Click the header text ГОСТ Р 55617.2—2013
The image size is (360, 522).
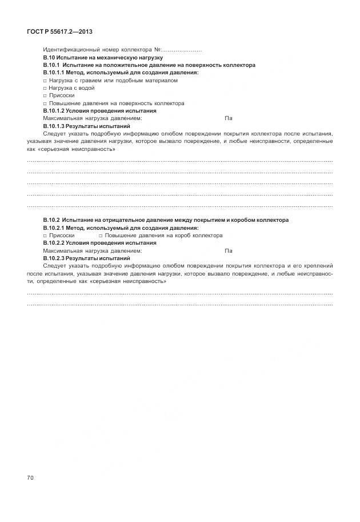pyautogui.click(x=59, y=31)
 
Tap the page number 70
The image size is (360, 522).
pyautogui.click(x=30, y=477)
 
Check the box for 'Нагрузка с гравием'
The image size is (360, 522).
pyautogui.click(x=45, y=81)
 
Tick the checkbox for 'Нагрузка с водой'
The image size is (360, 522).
pyautogui.click(x=45, y=88)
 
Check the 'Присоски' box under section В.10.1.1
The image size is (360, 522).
pyautogui.click(x=45, y=96)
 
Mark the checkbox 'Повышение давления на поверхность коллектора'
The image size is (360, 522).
pyautogui.click(x=45, y=103)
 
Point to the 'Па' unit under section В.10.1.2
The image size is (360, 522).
pyautogui.click(x=229, y=118)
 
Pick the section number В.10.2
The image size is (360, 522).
pyautogui.click(x=51, y=220)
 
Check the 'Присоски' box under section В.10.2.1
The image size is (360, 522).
pyautogui.click(x=45, y=236)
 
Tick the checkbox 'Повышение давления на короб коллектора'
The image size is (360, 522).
pyautogui.click(x=101, y=236)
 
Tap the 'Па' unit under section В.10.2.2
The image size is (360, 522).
pyautogui.click(x=229, y=250)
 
